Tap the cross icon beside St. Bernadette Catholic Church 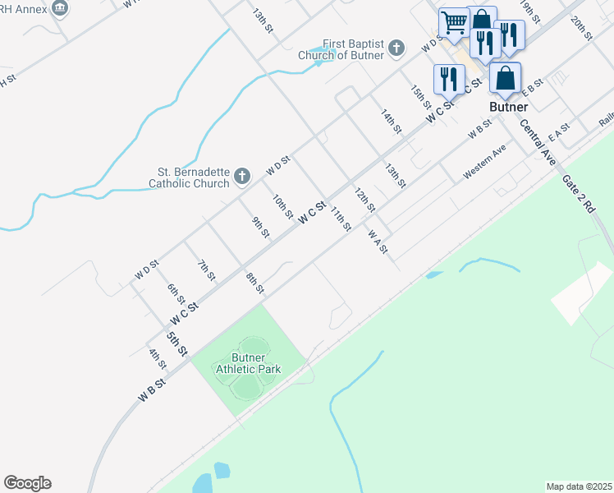241,176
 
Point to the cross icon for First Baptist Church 396,47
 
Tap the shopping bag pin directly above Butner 506,79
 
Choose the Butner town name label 508,107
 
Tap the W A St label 378,241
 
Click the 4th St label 158,359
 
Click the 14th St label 392,121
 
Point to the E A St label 560,131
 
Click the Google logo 27,483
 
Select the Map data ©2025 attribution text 579,486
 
